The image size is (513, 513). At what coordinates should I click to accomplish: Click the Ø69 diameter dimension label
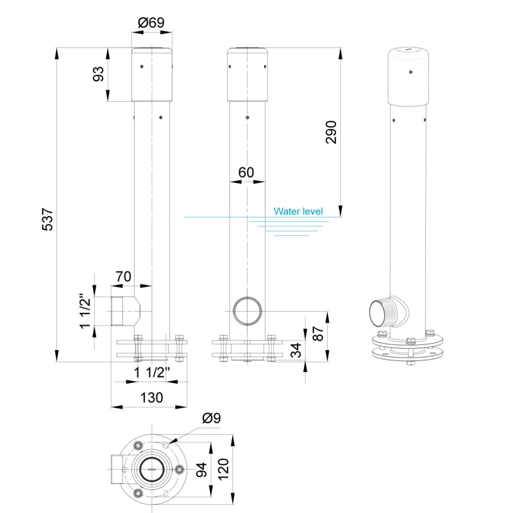[x=151, y=23]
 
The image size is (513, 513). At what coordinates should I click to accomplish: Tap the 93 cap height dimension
[x=99, y=74]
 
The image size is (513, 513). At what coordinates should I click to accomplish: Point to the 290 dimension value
[x=332, y=131]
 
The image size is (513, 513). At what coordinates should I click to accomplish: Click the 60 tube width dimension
[x=246, y=172]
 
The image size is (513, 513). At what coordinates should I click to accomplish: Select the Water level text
[x=298, y=211]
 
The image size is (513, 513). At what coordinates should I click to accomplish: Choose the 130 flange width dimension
[x=151, y=398]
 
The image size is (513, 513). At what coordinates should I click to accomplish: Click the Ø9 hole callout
[x=211, y=418]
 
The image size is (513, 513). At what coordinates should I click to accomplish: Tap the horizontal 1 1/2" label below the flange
[x=151, y=373]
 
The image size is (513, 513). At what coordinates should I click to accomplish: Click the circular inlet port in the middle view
[x=248, y=312]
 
